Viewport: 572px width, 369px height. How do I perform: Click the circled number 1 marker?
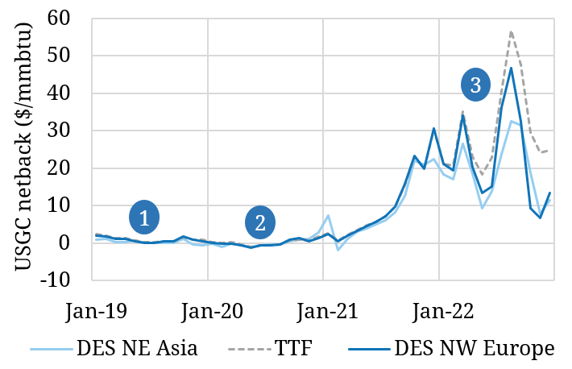click(x=143, y=218)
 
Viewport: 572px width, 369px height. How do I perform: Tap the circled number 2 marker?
click(x=260, y=223)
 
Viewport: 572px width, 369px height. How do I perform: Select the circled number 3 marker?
click(x=475, y=85)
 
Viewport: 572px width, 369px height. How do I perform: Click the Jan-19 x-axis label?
click(x=93, y=309)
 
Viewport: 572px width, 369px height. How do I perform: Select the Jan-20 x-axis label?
click(x=208, y=309)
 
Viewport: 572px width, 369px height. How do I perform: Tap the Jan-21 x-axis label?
click(x=323, y=309)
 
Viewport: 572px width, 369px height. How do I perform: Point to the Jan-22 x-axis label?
click(x=438, y=309)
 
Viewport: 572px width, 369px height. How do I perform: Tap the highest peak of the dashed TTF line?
click(x=511, y=31)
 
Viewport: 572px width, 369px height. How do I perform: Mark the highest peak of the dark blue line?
click(x=511, y=68)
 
